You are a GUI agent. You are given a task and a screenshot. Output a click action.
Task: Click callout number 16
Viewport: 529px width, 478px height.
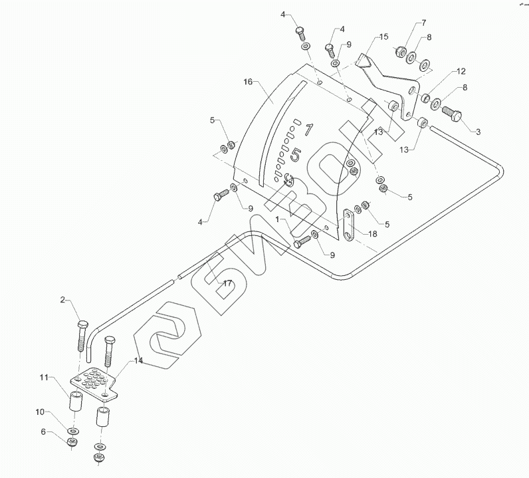point(248,82)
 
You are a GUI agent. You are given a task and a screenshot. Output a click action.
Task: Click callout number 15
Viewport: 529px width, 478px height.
point(383,37)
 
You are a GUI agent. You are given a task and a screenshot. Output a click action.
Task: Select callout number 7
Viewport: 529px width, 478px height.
point(423,25)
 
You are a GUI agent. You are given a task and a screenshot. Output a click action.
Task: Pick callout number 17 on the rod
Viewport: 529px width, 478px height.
point(227,283)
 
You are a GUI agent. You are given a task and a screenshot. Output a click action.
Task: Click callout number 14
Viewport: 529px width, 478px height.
point(138,360)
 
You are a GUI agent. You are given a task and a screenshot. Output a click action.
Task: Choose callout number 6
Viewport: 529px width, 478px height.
point(45,433)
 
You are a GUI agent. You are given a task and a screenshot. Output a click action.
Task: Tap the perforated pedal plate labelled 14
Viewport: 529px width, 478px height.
point(95,385)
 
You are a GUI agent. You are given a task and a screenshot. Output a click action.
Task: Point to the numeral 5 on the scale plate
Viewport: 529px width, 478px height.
point(297,155)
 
